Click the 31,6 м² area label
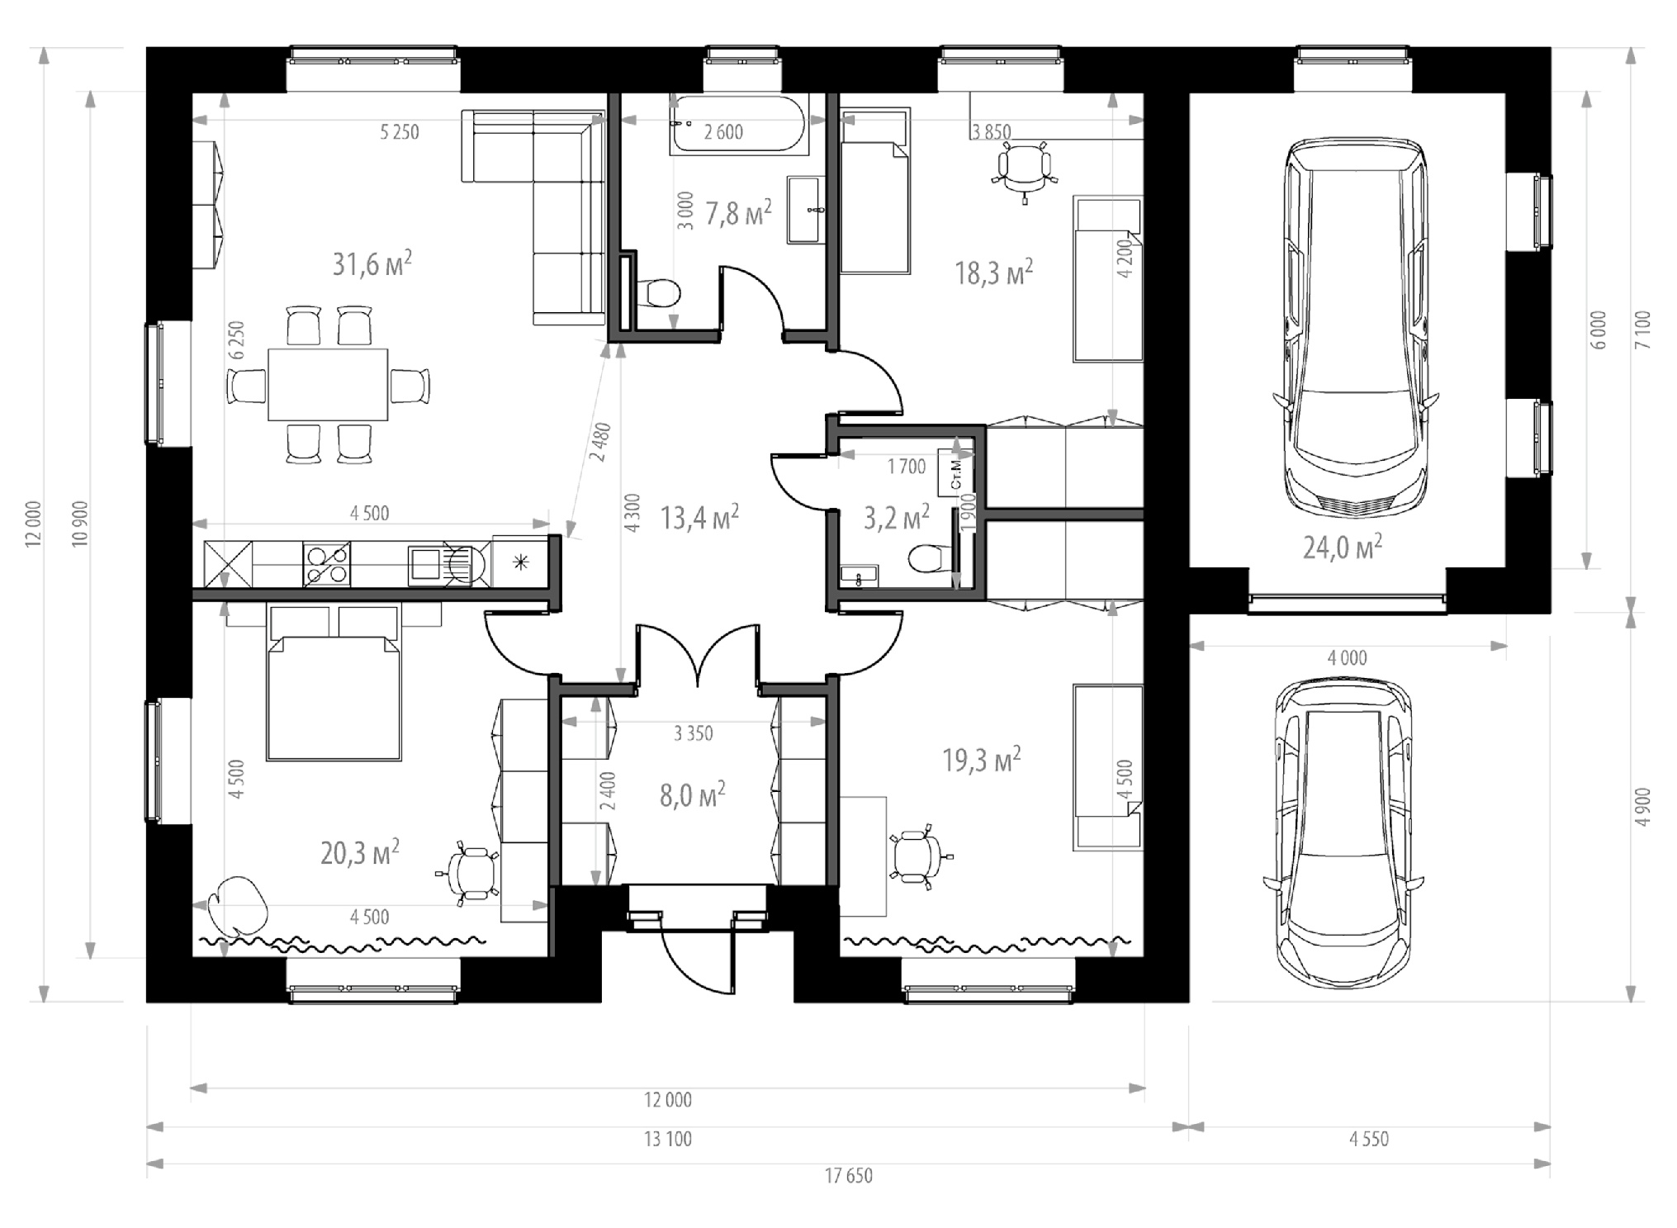372,263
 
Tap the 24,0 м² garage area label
1343,547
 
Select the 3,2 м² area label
897,518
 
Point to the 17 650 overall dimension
848,1176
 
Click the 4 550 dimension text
1369,1140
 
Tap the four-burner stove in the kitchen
327,564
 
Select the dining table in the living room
328,384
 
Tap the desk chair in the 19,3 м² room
918,856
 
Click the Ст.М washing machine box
955,473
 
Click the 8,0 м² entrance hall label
692,794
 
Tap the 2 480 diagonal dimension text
600,443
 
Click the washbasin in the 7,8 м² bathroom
803,209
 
